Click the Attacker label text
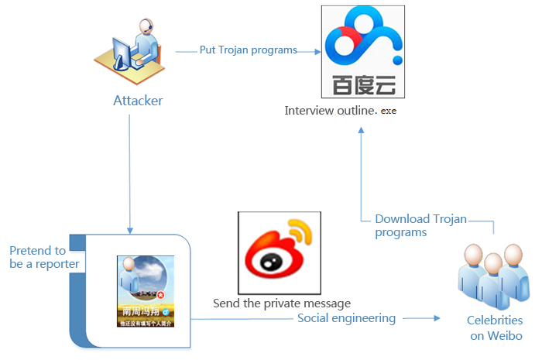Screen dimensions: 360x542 [x=139, y=101]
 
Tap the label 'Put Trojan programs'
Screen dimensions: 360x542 [x=249, y=50]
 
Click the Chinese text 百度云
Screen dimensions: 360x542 [x=363, y=85]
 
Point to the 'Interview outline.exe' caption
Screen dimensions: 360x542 [x=340, y=111]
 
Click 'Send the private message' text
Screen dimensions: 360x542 [x=283, y=303]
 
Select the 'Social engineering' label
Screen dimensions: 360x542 [x=346, y=318]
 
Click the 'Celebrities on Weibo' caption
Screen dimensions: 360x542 [x=495, y=328]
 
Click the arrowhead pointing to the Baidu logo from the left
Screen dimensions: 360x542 [x=317, y=52]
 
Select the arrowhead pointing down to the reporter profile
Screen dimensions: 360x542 [x=130, y=229]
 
